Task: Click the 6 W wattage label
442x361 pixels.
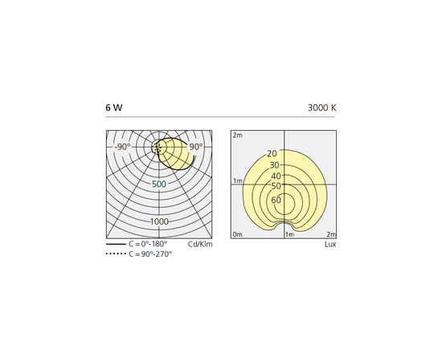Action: pyautogui.click(x=114, y=107)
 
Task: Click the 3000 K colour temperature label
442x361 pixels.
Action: pyautogui.click(x=322, y=107)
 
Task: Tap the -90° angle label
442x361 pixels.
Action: pyautogui.click(x=123, y=147)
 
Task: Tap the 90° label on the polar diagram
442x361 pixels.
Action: pyautogui.click(x=196, y=147)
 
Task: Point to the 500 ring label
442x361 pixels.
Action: pyautogui.click(x=159, y=185)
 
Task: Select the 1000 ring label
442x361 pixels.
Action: pyautogui.click(x=159, y=221)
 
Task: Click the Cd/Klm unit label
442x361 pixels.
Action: pyautogui.click(x=200, y=244)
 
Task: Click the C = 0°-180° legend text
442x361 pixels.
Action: pyautogui.click(x=148, y=244)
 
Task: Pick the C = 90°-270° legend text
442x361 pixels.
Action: pyautogui.click(x=150, y=254)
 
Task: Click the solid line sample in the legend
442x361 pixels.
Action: pyautogui.click(x=116, y=244)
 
